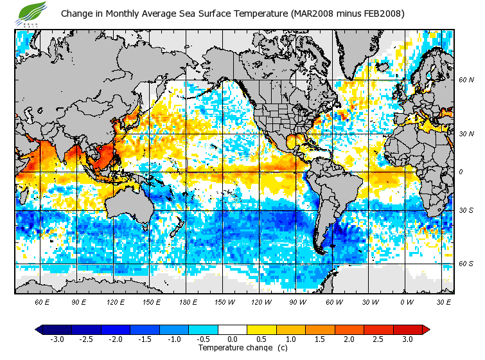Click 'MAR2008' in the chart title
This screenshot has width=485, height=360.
[x=313, y=14]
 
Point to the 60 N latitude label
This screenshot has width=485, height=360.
[x=466, y=80]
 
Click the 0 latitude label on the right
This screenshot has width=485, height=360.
[x=461, y=172]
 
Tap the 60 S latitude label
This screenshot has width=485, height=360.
[x=466, y=264]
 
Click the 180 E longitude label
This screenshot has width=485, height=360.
[x=188, y=302]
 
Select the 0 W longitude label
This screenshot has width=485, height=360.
[x=407, y=302]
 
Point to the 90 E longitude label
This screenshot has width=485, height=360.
[x=78, y=302]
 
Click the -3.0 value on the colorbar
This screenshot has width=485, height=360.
[x=57, y=339]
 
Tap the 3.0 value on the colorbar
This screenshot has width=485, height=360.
[x=407, y=339]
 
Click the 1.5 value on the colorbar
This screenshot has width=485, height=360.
[x=319, y=339]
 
